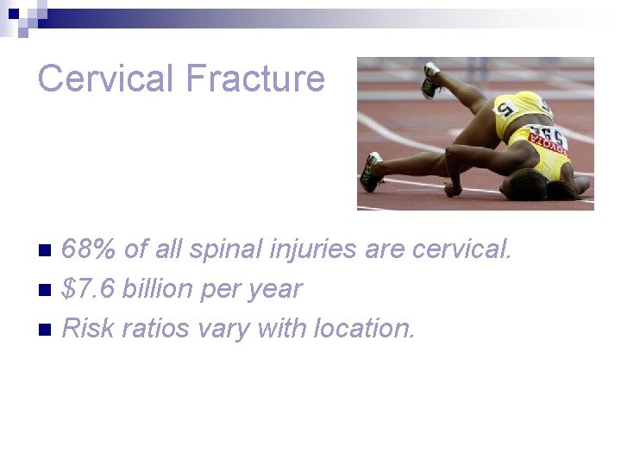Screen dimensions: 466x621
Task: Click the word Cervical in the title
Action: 106,79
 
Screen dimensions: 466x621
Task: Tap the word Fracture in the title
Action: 254,79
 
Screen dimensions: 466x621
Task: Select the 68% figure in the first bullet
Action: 91,250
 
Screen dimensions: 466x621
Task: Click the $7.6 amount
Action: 89,289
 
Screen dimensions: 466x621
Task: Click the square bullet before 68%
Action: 47,251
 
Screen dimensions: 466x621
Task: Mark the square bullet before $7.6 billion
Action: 47,290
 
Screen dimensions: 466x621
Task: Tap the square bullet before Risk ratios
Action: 47,329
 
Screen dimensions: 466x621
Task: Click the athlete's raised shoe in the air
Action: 430,79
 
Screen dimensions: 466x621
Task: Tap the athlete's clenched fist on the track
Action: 451,187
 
